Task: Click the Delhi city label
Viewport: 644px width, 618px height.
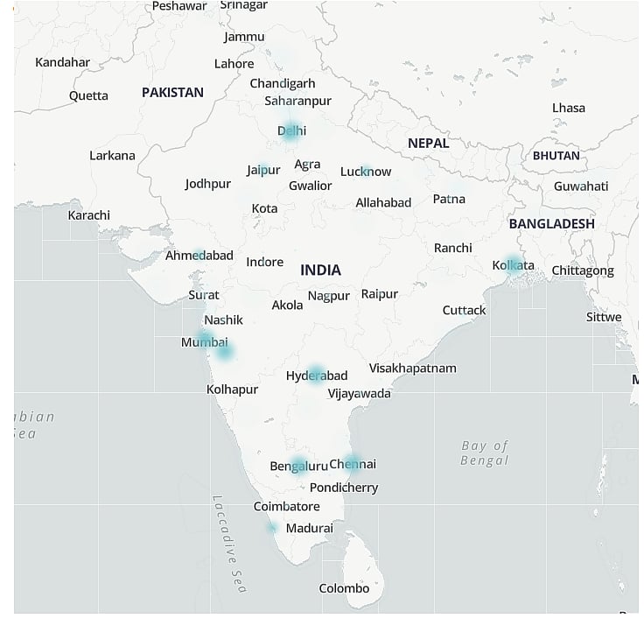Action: (292, 131)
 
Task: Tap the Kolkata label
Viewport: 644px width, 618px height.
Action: (513, 265)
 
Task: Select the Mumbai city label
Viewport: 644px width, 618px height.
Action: (204, 342)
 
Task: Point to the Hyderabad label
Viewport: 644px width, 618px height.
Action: (317, 376)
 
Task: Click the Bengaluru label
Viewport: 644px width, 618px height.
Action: (298, 466)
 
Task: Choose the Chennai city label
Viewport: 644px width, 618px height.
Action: (353, 464)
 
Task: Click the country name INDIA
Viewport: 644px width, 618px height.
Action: (320, 270)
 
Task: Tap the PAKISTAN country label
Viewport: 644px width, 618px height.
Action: (172, 92)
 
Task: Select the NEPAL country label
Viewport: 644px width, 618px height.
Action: (428, 143)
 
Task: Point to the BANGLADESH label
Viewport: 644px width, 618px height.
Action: (551, 224)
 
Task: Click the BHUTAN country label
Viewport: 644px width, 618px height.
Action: (556, 156)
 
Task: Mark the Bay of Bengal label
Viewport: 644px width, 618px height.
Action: (485, 453)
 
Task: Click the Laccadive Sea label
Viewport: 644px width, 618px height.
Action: (230, 544)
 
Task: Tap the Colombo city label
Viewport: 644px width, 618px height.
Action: (344, 588)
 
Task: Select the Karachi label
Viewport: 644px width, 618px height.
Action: (89, 215)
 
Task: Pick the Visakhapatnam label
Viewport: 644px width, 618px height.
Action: (412, 369)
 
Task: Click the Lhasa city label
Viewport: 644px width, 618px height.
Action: (569, 108)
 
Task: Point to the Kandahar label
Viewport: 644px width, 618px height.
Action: (62, 62)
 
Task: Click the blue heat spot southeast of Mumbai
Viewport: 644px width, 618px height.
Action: (225, 352)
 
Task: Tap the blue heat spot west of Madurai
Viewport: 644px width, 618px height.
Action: (272, 527)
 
